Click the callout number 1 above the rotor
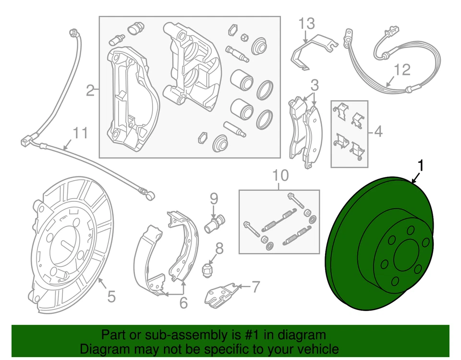click(x=421, y=166)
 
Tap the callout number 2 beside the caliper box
click(x=90, y=90)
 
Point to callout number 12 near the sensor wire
click(x=402, y=70)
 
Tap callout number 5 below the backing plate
click(x=111, y=297)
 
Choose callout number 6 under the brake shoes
click(x=183, y=303)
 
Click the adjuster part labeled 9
click(x=214, y=223)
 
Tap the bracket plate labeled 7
click(x=221, y=294)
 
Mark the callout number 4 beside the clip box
click(x=378, y=131)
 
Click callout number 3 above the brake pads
click(x=314, y=86)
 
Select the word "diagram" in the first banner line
click(x=303, y=335)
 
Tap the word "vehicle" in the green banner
click(x=316, y=349)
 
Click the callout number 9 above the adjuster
click(x=214, y=198)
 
